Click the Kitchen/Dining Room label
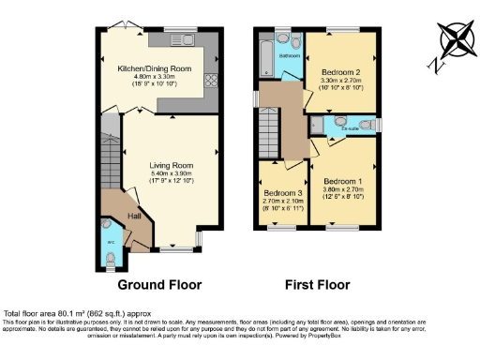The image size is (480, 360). pyautogui.click(x=154, y=69)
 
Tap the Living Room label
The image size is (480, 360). pyautogui.click(x=171, y=166)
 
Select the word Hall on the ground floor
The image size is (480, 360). pyautogui.click(x=134, y=217)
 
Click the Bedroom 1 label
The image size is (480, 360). pyautogui.click(x=343, y=181)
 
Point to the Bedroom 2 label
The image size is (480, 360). pyautogui.click(x=341, y=72)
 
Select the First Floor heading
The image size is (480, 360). pyautogui.click(x=316, y=284)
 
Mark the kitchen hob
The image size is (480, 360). pyautogui.click(x=210, y=81)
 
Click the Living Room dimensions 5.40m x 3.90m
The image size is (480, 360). pyautogui.click(x=171, y=174)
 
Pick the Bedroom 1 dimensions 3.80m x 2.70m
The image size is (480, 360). pyautogui.click(x=343, y=189)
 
